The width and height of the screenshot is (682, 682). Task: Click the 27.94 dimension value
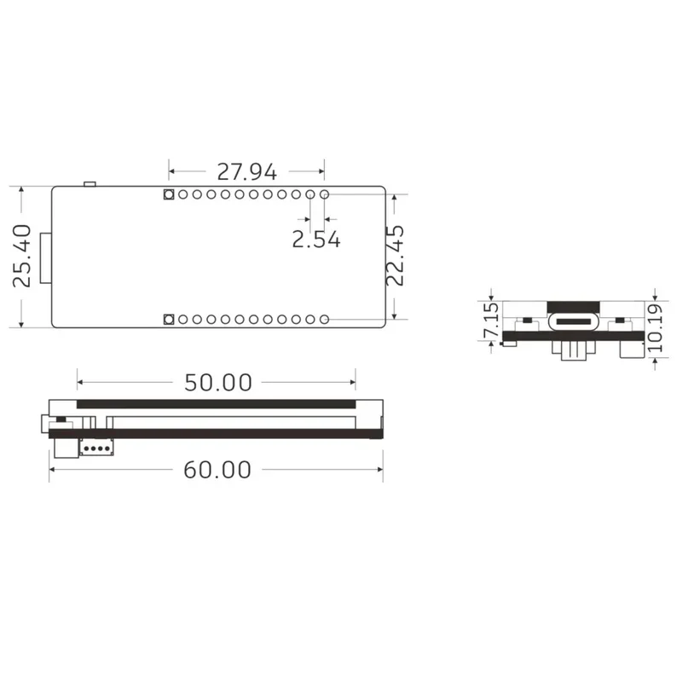246,172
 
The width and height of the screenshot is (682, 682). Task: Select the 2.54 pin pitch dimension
316,240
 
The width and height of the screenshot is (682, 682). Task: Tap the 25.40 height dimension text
22,256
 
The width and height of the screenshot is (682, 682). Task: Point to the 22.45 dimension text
396,255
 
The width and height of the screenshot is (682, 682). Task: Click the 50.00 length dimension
218,383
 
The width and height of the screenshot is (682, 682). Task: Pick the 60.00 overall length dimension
217,470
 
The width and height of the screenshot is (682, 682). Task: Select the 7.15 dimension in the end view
492,321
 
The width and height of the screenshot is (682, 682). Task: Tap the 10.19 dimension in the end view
655,328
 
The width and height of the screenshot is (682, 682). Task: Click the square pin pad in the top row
169,194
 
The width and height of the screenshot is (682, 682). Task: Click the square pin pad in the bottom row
169,320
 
